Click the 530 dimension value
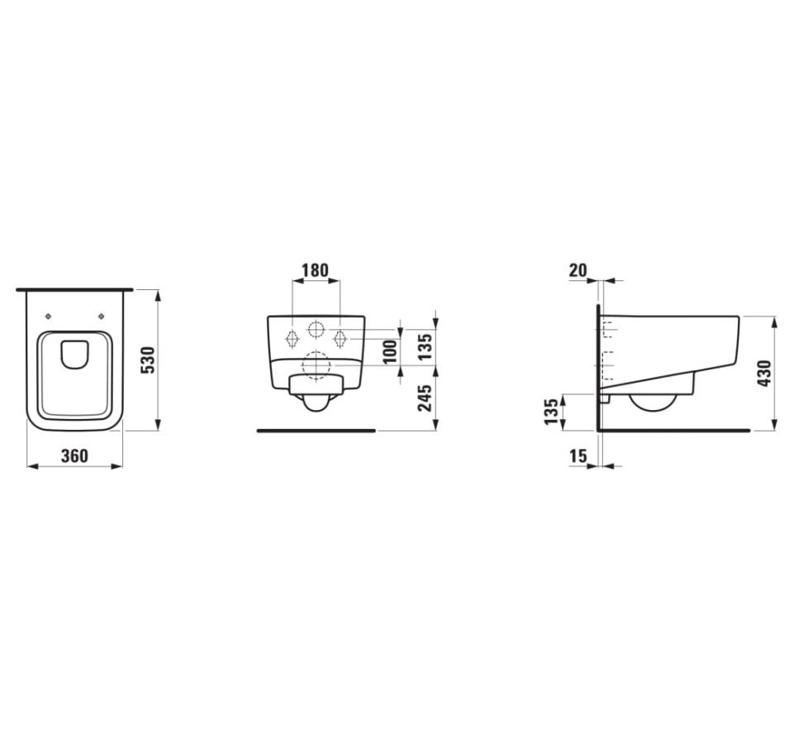point(148,360)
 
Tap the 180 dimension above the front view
point(315,269)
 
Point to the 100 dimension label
point(391,350)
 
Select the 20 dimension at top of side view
point(577,269)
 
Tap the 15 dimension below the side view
point(577,455)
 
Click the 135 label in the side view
point(551,411)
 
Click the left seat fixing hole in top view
point(49,317)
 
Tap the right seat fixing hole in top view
point(102,317)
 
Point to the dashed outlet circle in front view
point(315,365)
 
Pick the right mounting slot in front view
point(339,338)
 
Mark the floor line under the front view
point(316,431)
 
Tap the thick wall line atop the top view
point(74,289)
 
